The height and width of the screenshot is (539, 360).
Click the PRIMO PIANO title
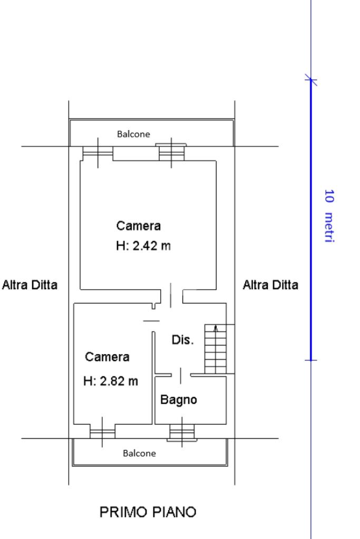tap(148, 512)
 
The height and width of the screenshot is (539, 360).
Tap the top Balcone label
tap(133, 134)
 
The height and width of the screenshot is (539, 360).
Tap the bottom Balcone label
tap(139, 453)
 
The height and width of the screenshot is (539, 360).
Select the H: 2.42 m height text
tap(143, 246)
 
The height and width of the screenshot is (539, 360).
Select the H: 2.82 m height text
tap(110, 381)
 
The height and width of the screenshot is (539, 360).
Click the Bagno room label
tap(179, 400)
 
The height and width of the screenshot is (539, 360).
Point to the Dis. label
tap(182, 340)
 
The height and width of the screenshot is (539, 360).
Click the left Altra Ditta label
tap(30, 285)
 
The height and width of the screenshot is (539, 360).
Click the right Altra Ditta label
tap(270, 285)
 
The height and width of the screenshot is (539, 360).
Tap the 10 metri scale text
tap(329, 215)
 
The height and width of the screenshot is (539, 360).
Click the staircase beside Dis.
tap(216, 349)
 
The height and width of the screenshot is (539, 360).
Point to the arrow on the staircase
tap(216, 329)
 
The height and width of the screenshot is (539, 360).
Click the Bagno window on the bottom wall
tap(182, 432)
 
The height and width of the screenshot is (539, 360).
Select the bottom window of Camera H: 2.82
tap(102, 431)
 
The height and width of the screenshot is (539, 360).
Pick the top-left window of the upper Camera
tap(98, 153)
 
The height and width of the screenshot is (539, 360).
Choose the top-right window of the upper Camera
tap(171, 152)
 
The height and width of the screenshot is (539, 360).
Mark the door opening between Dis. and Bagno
tap(181, 375)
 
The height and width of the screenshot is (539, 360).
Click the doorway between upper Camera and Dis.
tap(171, 296)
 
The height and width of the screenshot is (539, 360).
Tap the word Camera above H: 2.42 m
tap(139, 226)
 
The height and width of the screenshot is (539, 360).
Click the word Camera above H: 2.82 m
tap(108, 357)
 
